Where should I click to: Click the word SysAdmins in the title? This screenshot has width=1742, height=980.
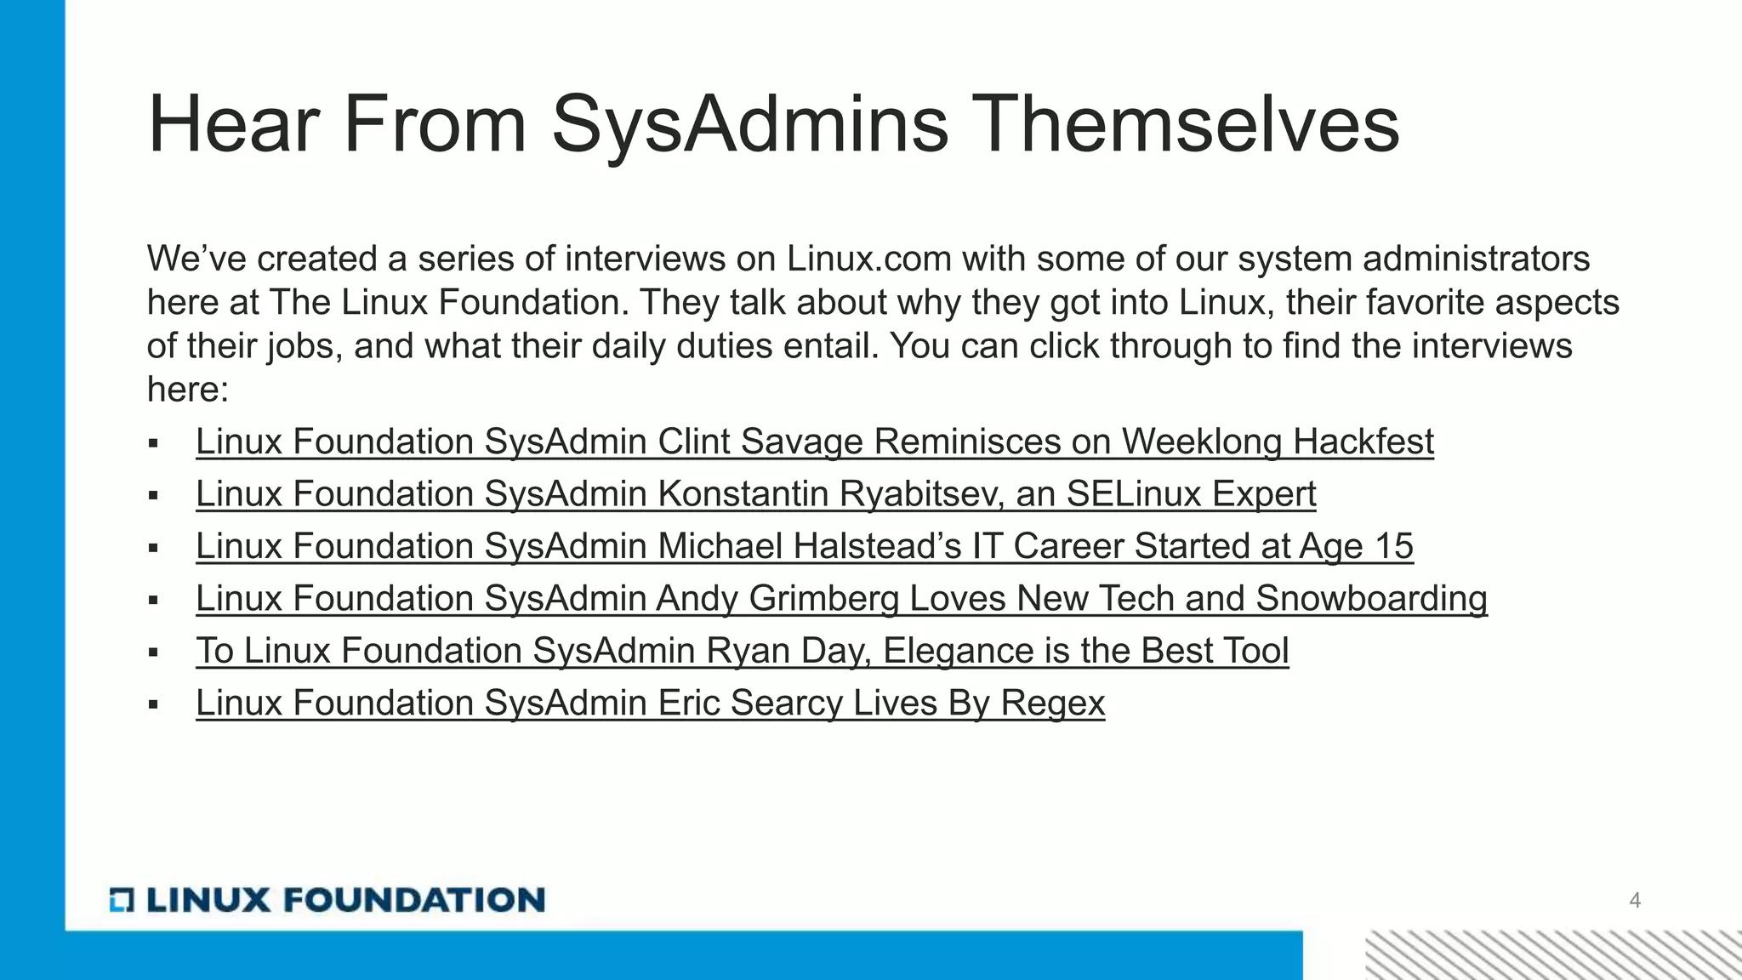click(749, 125)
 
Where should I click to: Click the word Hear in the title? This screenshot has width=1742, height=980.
click(233, 125)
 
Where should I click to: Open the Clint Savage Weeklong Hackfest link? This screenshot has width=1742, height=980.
click(814, 442)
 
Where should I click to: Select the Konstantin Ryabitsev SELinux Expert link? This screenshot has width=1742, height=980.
click(755, 493)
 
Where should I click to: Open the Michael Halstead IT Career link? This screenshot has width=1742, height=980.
click(804, 546)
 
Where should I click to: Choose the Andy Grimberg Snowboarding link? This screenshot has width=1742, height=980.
click(841, 598)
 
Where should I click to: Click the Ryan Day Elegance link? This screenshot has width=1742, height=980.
click(742, 651)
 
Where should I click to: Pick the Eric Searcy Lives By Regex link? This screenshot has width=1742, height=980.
click(650, 703)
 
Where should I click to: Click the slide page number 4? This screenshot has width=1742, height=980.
click(1635, 900)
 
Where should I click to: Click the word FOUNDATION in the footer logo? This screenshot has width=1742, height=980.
click(413, 900)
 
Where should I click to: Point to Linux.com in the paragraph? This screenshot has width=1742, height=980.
click(868, 259)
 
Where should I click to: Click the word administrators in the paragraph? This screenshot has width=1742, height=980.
click(1476, 259)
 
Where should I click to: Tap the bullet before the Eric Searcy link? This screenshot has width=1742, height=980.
click(153, 704)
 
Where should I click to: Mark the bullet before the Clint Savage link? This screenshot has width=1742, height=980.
click(153, 443)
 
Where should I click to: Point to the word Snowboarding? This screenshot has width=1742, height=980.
click(1371, 598)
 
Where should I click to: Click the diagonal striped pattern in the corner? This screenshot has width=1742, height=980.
click(1553, 954)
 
